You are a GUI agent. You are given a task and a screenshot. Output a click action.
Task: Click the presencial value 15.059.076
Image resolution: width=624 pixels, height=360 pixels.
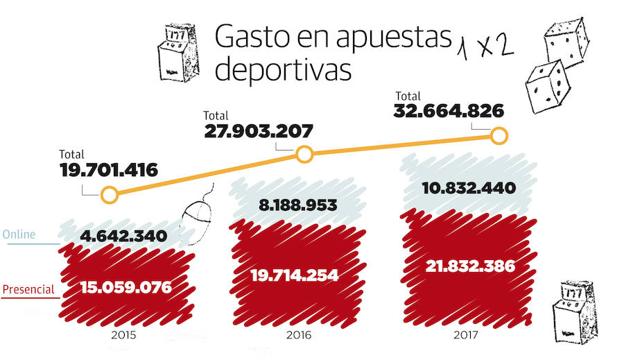pyautogui.click(x=121, y=289)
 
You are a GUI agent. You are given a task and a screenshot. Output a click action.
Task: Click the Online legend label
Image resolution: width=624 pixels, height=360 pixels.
pyautogui.click(x=20, y=235)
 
